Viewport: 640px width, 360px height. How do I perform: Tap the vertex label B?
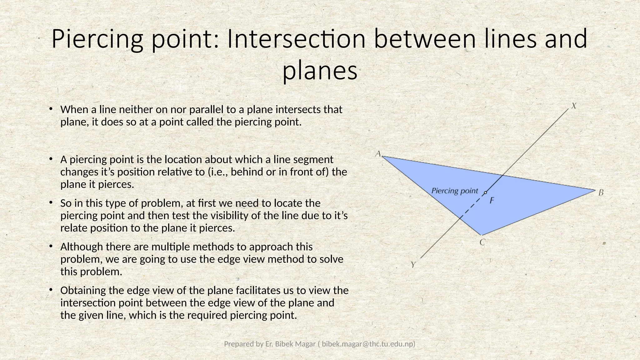tap(601, 193)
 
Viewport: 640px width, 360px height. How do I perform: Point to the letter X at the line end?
tap(574, 106)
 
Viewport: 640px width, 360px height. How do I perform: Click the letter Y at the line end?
tap(413, 265)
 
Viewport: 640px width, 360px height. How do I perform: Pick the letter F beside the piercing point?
tap(492, 200)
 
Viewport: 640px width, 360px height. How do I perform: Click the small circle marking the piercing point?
tap(485, 193)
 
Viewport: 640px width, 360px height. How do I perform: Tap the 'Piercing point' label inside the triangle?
tap(454, 191)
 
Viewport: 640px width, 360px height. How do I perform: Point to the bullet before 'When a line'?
tap(50, 109)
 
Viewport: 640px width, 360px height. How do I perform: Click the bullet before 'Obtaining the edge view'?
tap(50, 290)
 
